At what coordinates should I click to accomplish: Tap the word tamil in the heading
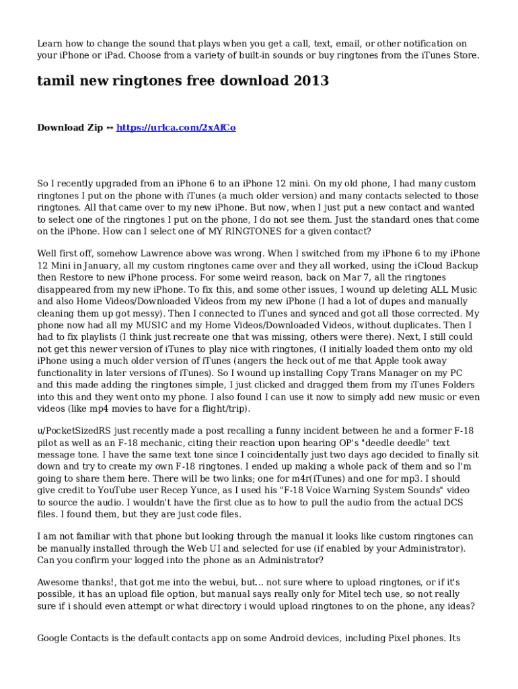(55, 81)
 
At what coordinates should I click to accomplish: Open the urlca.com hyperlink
(176, 128)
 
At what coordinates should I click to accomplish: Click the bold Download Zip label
(70, 128)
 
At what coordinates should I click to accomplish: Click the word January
(104, 265)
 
